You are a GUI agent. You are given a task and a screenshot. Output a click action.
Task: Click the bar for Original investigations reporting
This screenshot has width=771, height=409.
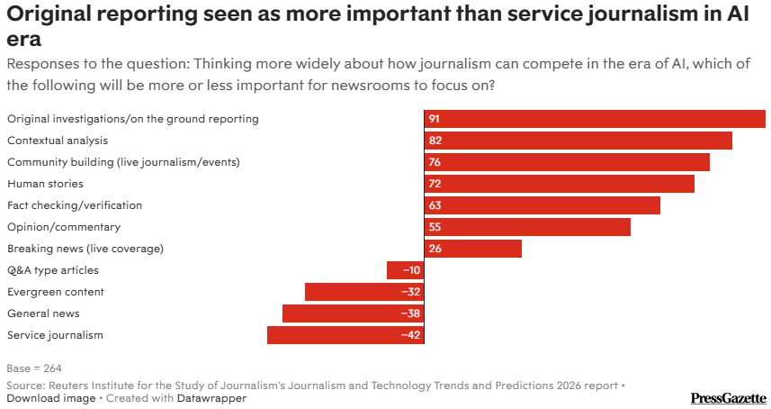coord(595,119)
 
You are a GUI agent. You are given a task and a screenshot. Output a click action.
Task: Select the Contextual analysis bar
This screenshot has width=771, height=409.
coord(578,141)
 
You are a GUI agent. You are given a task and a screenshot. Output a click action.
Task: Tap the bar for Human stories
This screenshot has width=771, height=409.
coord(559,184)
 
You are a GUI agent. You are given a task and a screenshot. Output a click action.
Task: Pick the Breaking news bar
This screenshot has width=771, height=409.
coord(472,249)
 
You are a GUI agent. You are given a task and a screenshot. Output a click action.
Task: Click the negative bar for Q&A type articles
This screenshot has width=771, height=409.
coord(405,270)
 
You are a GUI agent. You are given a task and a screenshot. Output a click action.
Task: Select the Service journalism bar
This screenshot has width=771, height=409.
coord(345,335)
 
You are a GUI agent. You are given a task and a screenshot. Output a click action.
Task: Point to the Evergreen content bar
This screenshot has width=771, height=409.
coord(364,292)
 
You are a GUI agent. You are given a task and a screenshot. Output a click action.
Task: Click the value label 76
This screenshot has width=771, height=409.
coord(435,162)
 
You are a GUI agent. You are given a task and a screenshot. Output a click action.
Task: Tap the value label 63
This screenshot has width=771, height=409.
coord(435,205)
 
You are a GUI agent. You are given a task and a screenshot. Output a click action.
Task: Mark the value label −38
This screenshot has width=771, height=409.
coord(411,314)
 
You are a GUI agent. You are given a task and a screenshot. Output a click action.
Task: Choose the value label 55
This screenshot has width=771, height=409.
coord(435,227)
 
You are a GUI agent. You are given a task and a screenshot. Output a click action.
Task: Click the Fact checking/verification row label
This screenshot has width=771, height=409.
coord(75,205)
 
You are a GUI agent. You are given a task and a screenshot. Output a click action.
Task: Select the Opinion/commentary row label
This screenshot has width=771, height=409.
coord(64,227)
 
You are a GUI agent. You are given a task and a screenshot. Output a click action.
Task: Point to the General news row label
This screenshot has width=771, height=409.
coord(43,314)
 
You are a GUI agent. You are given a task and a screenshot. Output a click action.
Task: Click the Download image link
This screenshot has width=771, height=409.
coord(49,398)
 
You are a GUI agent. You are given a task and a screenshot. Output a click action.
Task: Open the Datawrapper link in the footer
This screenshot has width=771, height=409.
coord(211,398)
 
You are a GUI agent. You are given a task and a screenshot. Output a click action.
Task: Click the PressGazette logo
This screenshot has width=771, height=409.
coord(728,397)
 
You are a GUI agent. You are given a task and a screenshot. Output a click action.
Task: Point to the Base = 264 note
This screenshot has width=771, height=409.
coord(34,368)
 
